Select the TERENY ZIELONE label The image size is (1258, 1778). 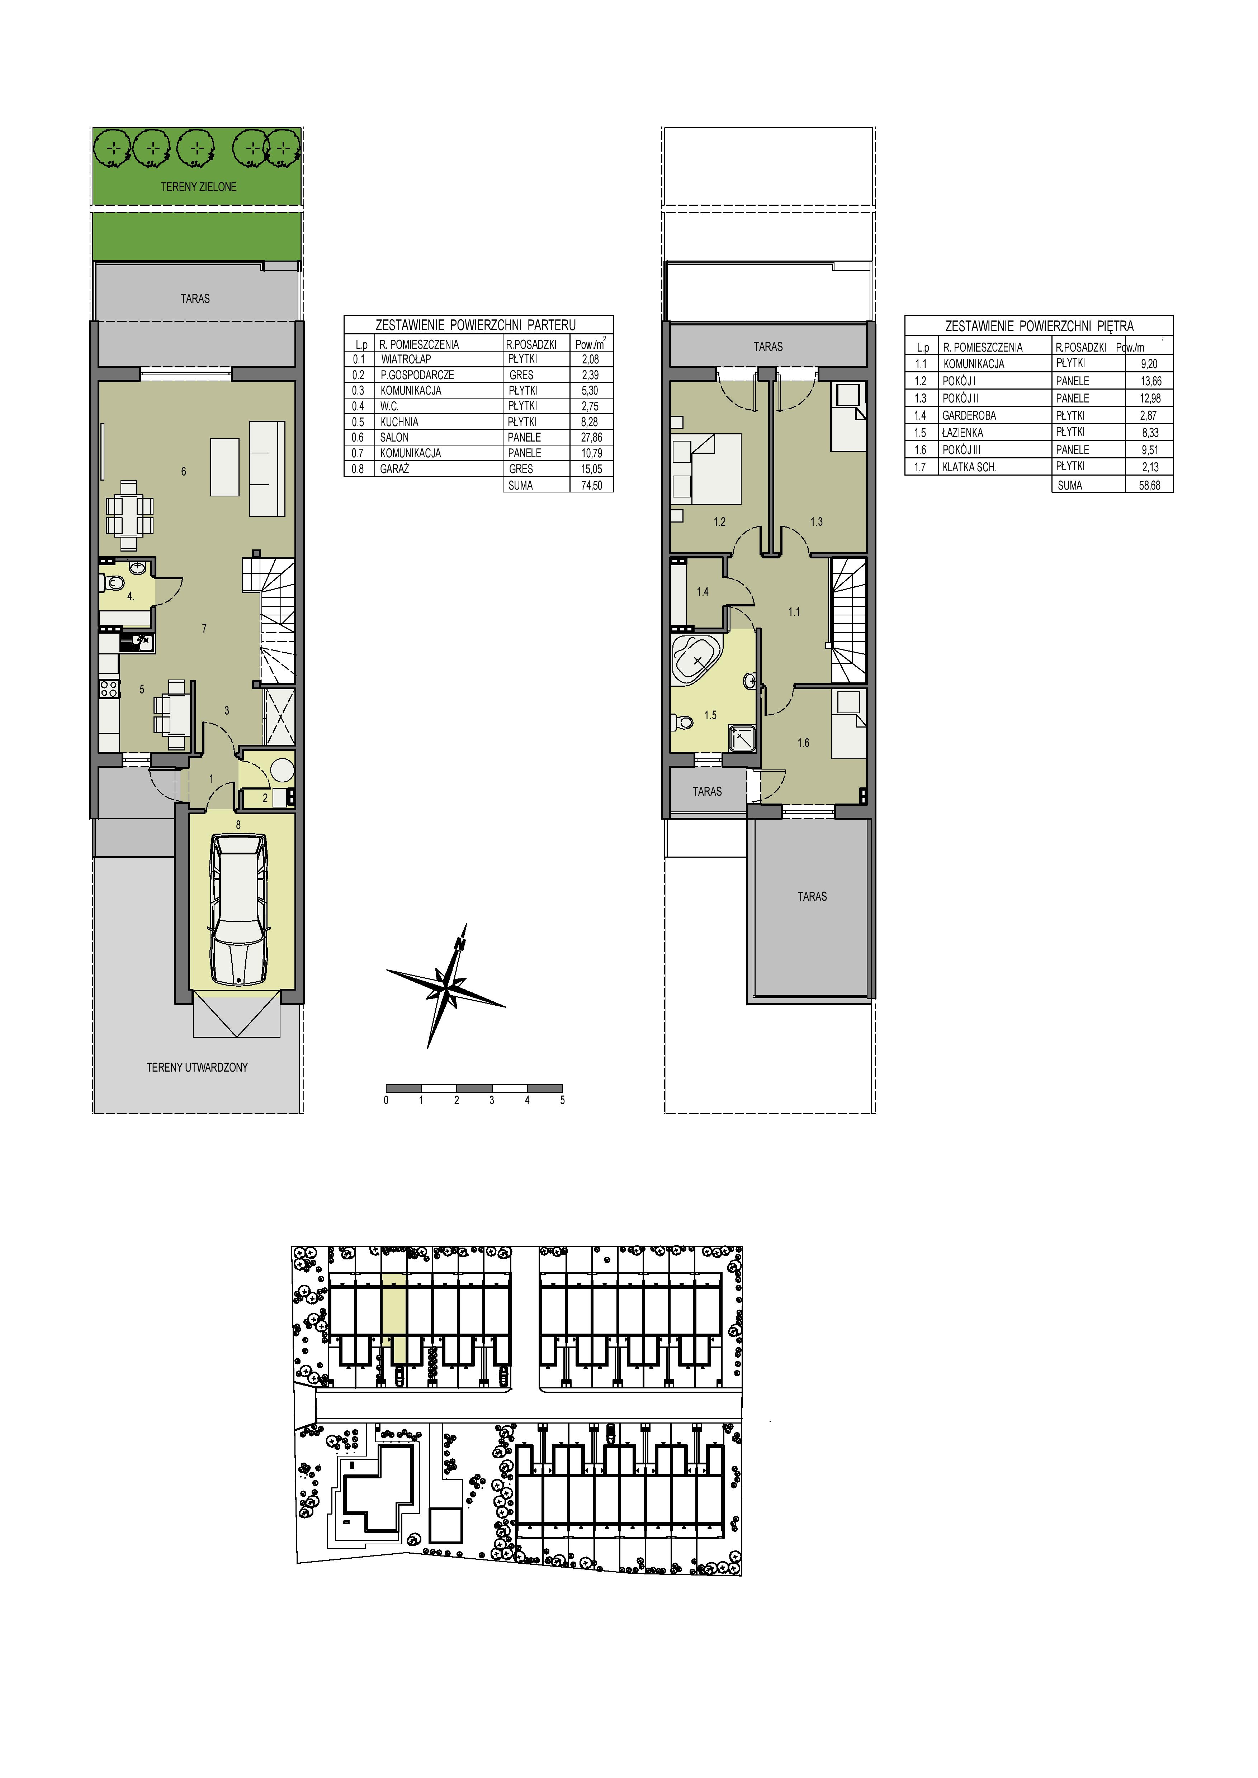point(198,187)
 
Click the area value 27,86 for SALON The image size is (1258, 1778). point(591,438)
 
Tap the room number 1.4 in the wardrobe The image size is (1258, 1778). point(703,592)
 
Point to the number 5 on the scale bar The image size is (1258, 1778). point(562,1100)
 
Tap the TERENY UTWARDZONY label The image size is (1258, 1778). point(198,1067)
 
